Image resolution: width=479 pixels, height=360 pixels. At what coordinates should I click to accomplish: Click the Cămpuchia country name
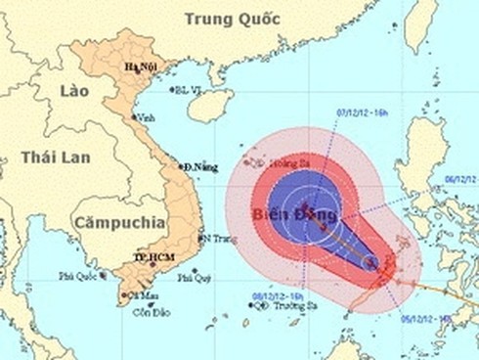tap(117, 219)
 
